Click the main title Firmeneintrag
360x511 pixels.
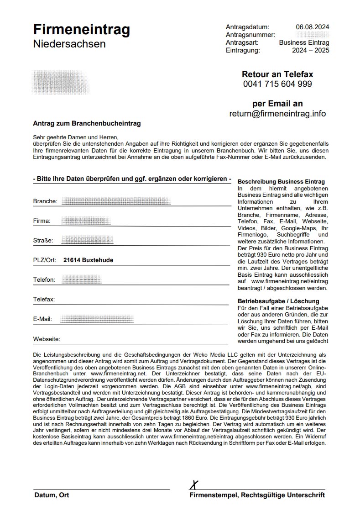81,30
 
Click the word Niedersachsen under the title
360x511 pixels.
69,44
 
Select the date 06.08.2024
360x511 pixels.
313,27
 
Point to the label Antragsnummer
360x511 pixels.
250,35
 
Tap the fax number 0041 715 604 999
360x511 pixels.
277,84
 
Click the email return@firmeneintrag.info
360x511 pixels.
277,114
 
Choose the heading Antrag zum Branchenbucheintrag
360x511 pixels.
87,123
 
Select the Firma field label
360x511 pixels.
42,221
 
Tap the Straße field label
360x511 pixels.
43,241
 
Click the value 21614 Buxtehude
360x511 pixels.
88,260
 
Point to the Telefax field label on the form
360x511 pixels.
44,300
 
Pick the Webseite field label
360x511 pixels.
47,339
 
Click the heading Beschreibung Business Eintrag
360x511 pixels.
282,181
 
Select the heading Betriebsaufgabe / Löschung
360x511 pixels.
278,301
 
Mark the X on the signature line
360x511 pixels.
195,484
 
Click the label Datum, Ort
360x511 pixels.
51,495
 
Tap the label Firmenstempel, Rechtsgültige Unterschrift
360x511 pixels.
257,495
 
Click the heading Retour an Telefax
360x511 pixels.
277,74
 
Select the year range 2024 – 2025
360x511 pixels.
310,50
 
